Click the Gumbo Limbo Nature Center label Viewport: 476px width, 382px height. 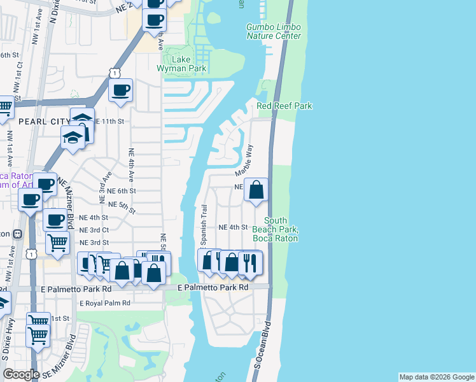(274, 31)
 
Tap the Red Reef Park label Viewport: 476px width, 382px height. (284, 106)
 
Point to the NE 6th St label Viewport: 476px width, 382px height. (122, 191)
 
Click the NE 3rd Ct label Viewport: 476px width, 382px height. (94, 230)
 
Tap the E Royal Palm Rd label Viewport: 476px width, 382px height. (105, 302)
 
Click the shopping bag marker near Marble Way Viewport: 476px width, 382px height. (256, 190)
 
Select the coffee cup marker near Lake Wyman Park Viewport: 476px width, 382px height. (120, 90)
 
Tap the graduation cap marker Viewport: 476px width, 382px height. (73, 136)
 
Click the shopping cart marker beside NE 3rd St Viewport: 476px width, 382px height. (57, 242)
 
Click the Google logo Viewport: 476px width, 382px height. (20, 374)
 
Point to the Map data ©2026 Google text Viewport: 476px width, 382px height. (437, 377)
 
